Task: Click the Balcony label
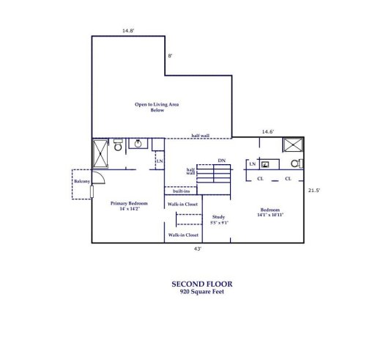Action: (81, 181)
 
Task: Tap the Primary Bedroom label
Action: (129, 203)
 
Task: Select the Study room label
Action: (218, 216)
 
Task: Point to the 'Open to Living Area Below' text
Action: (157, 107)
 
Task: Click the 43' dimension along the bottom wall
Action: (198, 249)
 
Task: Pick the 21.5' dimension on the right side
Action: (316, 191)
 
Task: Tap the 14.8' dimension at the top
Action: (129, 31)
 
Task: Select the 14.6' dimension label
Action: (268, 132)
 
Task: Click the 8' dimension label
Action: (170, 56)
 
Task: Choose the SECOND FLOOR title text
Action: (202, 283)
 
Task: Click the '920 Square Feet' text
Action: (202, 291)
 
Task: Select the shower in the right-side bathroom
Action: (294, 145)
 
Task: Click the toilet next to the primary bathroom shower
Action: (119, 146)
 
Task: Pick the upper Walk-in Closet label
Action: (183, 205)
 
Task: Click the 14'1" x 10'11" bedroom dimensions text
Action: (270, 216)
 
